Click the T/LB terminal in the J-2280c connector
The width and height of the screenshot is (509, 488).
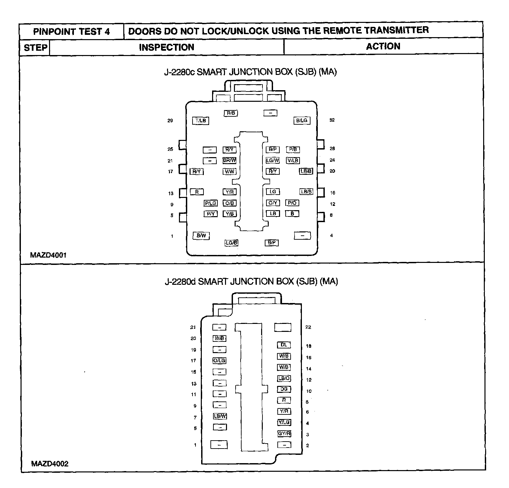tap(201, 121)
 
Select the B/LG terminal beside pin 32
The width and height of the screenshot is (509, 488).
tap(302, 121)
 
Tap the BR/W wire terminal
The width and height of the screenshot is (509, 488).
tap(229, 160)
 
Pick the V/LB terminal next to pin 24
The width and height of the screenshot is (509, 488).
tap(293, 160)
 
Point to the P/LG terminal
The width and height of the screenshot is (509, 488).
tap(210, 203)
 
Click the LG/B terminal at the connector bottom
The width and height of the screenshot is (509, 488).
tap(231, 243)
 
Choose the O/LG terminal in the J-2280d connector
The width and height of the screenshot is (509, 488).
tap(219, 361)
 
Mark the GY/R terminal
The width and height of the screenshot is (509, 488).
tap(284, 434)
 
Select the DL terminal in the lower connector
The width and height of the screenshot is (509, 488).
tap(284, 345)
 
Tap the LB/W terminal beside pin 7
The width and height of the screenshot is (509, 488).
tap(220, 416)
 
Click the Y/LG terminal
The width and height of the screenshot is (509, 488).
tap(284, 422)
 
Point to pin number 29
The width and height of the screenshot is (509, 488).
tap(170, 121)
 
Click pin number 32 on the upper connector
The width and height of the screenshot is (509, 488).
tap(332, 120)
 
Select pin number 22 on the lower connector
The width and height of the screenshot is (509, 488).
tap(308, 327)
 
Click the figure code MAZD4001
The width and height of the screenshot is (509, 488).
tap(48, 255)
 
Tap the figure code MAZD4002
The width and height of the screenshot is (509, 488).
tap(50, 463)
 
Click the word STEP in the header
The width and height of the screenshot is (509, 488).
tap(35, 47)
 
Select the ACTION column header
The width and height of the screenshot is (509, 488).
tap(383, 46)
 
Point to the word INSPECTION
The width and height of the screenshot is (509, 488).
tap(166, 47)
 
